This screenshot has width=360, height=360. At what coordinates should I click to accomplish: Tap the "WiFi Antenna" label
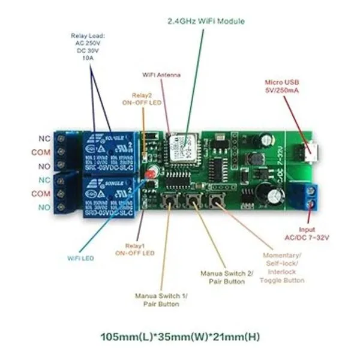coord(161,75)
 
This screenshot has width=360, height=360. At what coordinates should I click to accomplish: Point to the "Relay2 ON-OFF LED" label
coord(143,99)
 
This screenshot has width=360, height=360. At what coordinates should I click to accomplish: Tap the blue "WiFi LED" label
coord(80,258)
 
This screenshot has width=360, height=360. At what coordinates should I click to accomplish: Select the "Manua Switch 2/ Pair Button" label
coord(227,277)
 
